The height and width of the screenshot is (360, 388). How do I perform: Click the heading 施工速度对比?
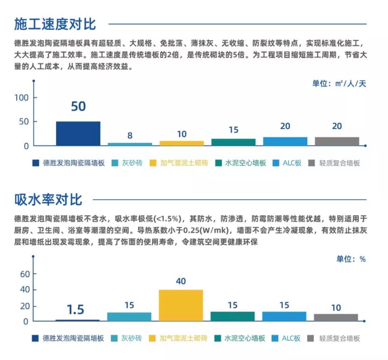click(x=55, y=24)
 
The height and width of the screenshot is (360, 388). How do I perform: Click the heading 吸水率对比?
click(x=48, y=200)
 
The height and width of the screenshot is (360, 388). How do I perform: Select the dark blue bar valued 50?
click(x=78, y=133)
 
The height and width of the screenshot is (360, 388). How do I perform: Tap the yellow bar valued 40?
click(x=181, y=305)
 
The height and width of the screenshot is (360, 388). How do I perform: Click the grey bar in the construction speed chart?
click(x=337, y=141)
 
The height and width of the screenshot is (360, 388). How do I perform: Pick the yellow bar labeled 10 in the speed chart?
click(x=182, y=143)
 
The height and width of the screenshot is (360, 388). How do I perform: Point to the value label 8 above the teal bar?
click(x=130, y=136)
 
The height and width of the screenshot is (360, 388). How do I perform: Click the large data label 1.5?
click(x=75, y=310)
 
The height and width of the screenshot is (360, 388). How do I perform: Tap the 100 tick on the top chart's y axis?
click(x=22, y=98)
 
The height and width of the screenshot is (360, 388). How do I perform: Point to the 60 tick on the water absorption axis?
click(x=25, y=274)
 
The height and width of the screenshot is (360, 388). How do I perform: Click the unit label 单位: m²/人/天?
click(x=339, y=84)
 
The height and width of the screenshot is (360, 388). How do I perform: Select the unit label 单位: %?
click(x=351, y=259)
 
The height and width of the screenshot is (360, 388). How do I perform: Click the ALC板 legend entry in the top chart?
click(x=292, y=163)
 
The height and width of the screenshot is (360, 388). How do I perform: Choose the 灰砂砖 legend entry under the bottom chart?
click(x=131, y=338)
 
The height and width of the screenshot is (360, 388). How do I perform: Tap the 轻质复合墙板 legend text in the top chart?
click(x=339, y=163)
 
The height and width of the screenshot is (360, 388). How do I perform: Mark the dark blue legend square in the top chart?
click(x=36, y=163)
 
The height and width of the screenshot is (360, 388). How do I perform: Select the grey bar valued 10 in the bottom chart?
click(x=336, y=318)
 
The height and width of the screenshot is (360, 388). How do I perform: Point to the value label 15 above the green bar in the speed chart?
click(x=234, y=130)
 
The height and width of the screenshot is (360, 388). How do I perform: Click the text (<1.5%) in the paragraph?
click(x=168, y=219)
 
